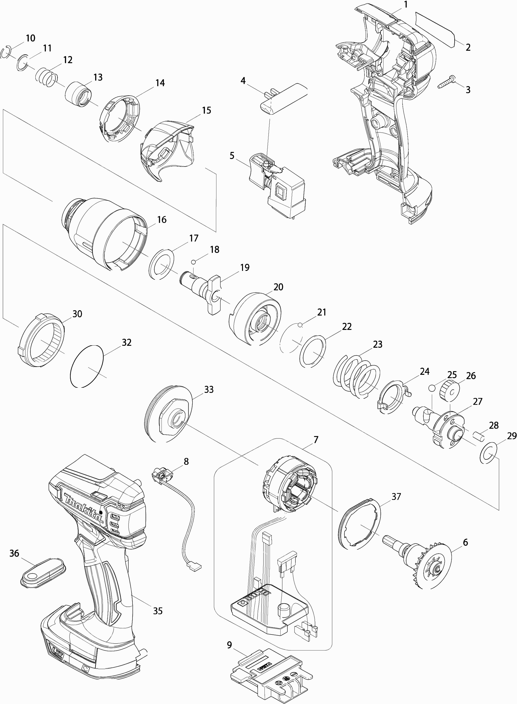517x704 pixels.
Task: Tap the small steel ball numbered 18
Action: pyautogui.click(x=193, y=261)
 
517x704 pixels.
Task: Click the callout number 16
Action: pyautogui.click(x=162, y=220)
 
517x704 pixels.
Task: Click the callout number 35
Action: pyautogui.click(x=158, y=611)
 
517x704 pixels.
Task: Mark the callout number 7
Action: pyautogui.click(x=316, y=440)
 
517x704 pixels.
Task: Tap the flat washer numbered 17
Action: pyautogui.click(x=161, y=263)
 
